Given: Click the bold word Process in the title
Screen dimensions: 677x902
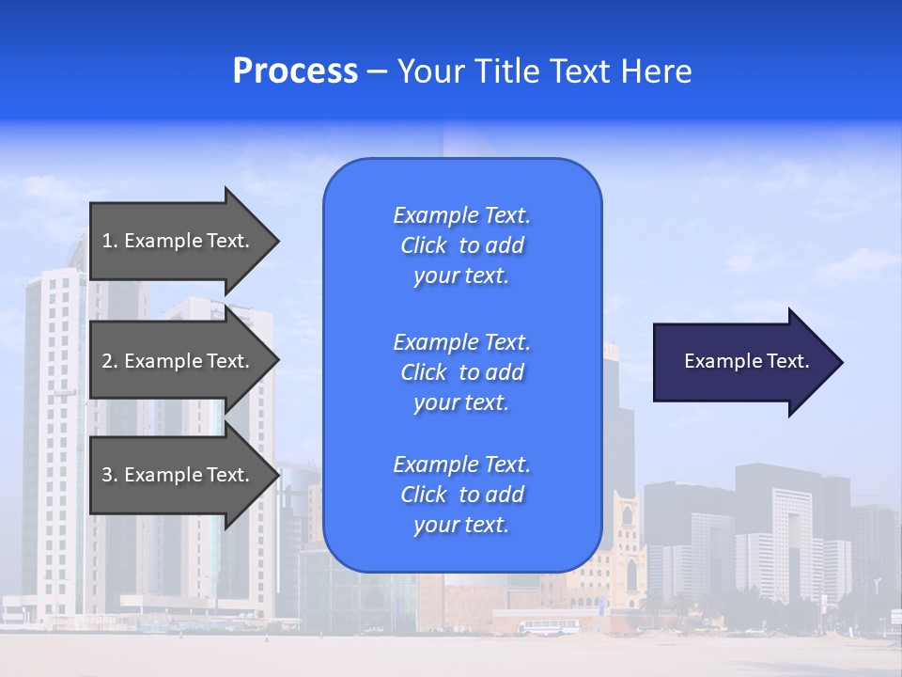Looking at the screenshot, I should (295, 71).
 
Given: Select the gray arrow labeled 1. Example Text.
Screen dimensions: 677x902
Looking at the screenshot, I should (179, 241).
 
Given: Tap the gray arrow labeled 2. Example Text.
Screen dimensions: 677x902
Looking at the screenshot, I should (179, 361).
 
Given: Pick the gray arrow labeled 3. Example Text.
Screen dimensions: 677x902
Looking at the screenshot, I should (179, 475).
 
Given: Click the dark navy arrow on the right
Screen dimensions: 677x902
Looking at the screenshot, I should (742, 362).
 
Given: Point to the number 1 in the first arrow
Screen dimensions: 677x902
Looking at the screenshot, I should (107, 241).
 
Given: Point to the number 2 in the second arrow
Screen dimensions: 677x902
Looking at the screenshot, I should (107, 361).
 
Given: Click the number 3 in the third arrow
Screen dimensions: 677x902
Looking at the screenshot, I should (107, 475).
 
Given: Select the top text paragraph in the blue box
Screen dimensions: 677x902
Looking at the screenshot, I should (461, 245).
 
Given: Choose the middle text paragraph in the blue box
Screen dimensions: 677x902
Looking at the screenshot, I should (461, 372).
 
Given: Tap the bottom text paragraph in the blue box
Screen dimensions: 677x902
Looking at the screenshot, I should (461, 495).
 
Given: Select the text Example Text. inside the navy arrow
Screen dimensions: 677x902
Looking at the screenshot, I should (746, 361).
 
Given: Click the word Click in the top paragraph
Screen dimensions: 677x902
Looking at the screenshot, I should (424, 245).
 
